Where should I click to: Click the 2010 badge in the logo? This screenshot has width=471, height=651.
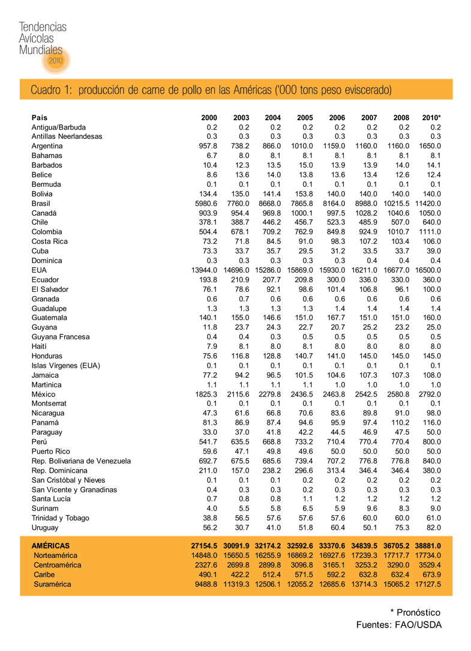[55, 61]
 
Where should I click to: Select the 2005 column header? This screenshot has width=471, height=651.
[305, 118]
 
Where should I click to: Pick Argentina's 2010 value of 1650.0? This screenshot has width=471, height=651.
[430, 146]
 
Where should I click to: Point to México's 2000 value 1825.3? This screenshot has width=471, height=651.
[205, 394]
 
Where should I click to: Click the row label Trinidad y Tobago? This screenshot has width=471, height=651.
[60, 518]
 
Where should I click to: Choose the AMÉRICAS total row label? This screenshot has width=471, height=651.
[50, 546]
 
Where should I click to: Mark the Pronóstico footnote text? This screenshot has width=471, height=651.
[415, 613]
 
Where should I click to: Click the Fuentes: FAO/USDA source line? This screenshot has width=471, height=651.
[398, 626]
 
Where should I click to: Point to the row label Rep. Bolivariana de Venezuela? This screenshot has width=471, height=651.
[81, 461]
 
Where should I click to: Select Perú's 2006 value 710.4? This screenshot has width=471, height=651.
[337, 441]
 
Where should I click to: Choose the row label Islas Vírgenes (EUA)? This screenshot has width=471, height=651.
[65, 366]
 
